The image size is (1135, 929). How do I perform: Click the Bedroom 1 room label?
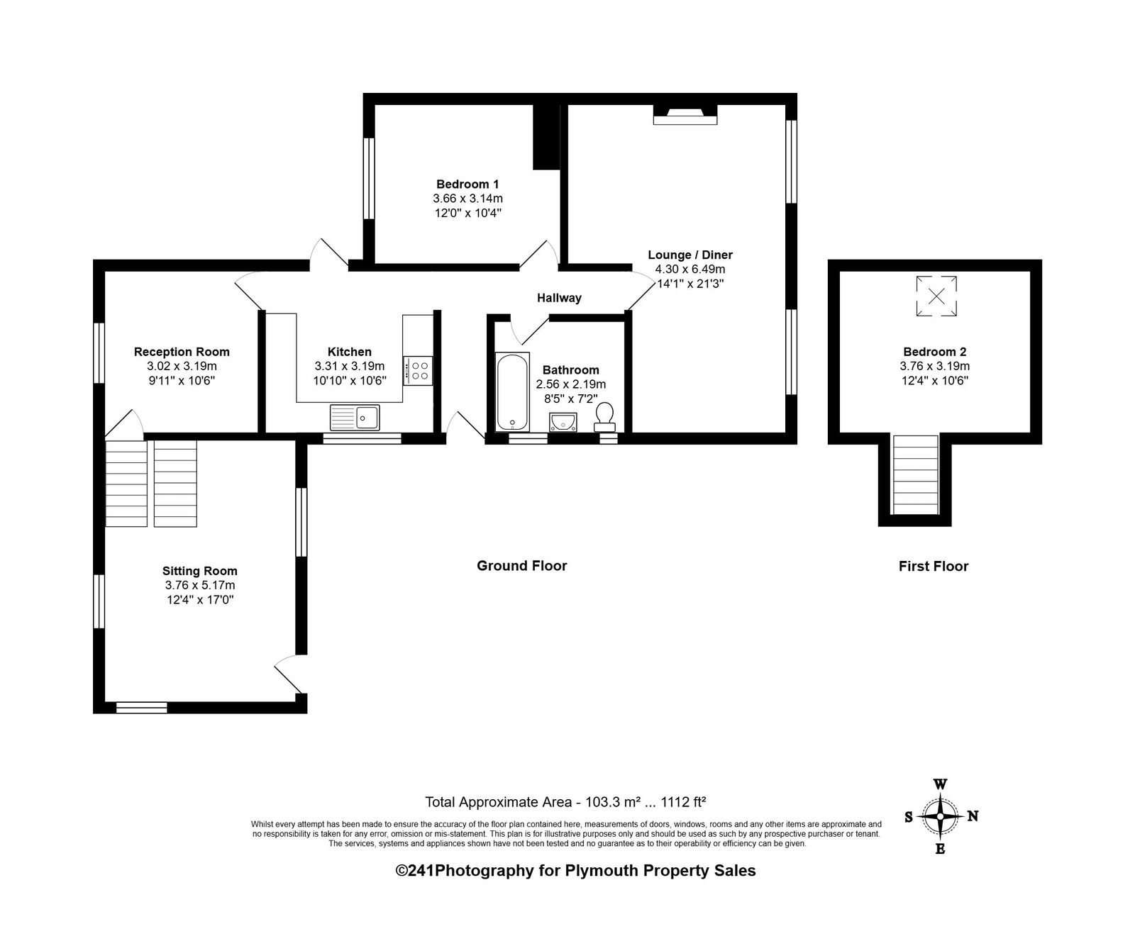(467, 184)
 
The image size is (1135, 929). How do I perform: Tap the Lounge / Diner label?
(690, 255)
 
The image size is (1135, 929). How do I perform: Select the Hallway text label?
(559, 298)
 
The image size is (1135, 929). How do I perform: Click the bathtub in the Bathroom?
(511, 391)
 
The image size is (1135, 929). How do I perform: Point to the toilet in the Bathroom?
(604, 417)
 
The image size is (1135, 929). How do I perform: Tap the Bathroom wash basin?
(563, 422)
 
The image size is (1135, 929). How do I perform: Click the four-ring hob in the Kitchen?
(418, 371)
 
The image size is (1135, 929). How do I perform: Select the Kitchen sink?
(355, 418)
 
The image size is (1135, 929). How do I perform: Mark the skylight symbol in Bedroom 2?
(936, 296)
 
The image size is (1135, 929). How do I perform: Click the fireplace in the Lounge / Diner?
(685, 115)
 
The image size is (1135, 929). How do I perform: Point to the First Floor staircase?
(915, 474)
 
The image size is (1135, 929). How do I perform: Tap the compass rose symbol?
(940, 816)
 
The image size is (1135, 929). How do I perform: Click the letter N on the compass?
(973, 816)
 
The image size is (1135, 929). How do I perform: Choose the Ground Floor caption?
(521, 565)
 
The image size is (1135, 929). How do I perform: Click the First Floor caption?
(934, 566)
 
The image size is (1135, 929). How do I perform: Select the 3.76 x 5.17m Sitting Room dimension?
(199, 585)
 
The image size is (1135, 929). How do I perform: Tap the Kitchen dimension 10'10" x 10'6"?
(350, 381)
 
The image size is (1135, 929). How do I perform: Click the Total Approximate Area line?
(565, 802)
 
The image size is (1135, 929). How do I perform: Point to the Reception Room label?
(182, 352)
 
